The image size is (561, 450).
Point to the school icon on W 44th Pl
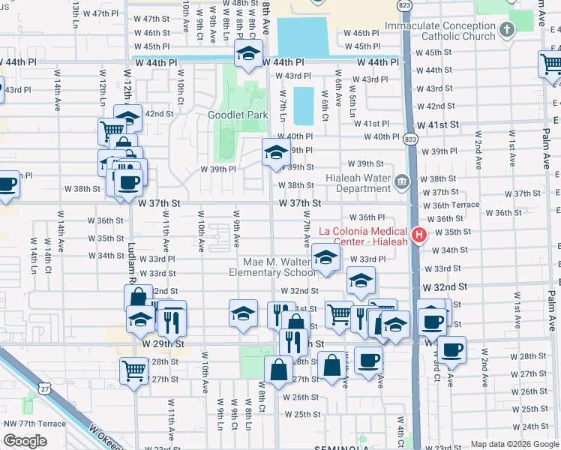[248, 53]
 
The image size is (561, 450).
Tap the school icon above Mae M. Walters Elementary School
[325, 257]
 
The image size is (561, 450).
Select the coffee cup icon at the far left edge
[6, 184]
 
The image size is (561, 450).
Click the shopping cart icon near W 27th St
[133, 369]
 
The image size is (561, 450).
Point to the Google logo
[25, 440]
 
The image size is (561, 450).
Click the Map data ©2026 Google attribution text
[514, 444]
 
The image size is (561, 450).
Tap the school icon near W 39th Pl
[275, 151]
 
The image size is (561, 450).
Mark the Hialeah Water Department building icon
[402, 180]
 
